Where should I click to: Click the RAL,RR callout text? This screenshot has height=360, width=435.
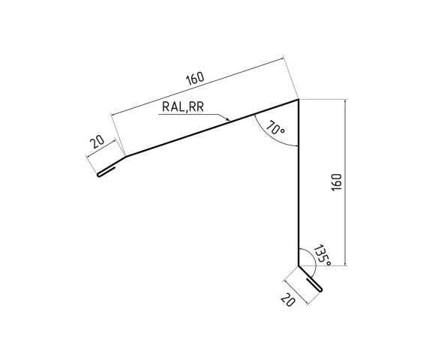pos(182,107)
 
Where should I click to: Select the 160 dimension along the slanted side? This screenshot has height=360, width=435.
pos(194,78)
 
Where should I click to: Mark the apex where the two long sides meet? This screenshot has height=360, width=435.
pos(298,99)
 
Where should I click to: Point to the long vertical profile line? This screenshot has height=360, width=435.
pos(298,187)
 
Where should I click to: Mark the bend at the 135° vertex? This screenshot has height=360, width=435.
pos(298,266)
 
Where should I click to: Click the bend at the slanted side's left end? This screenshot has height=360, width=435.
pos(124,156)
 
